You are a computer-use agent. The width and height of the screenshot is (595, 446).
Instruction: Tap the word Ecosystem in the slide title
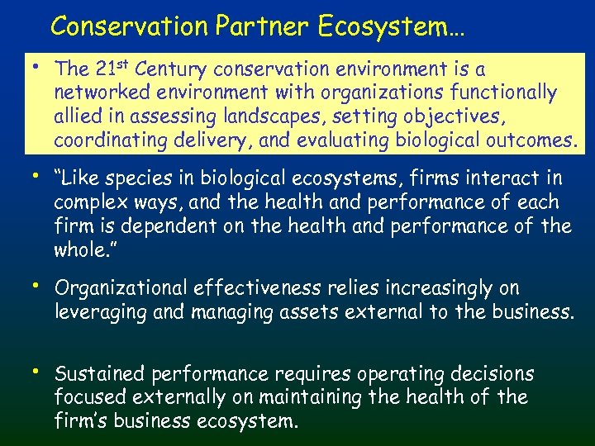[x=389, y=26]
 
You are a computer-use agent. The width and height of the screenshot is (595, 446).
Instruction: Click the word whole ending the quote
[x=82, y=250]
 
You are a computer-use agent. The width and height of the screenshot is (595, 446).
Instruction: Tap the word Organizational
[x=121, y=288]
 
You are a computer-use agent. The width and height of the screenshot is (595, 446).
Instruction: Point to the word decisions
[x=494, y=374]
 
